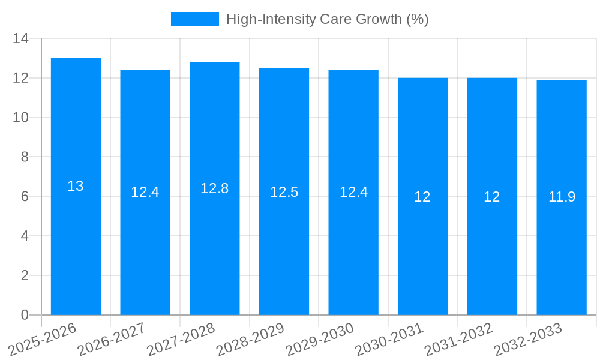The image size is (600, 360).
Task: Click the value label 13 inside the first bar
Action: click(76, 186)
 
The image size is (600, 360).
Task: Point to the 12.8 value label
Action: click(215, 188)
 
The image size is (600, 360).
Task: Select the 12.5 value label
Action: click(284, 192)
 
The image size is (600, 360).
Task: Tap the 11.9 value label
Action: click(562, 196)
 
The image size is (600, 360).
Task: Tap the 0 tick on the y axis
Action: click(25, 315)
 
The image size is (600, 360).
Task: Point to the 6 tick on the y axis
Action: click(25, 196)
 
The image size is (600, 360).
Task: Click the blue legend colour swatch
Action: click(195, 19)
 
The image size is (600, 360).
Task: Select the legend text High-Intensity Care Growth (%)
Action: click(327, 19)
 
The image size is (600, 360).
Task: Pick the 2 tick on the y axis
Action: click(25, 275)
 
